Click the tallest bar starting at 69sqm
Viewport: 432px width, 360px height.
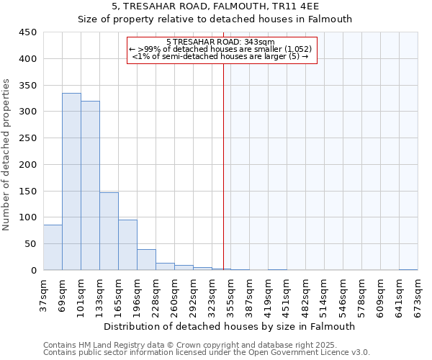point(71,181)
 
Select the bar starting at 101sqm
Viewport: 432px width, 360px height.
point(90,186)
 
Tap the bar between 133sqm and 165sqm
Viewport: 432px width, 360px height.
point(109,231)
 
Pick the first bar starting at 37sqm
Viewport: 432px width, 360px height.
point(53,248)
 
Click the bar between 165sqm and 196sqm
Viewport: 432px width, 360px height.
point(127,245)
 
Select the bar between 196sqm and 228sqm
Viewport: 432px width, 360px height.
point(146,260)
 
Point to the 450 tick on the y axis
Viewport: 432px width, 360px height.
point(28,32)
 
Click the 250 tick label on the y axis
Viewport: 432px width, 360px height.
point(28,138)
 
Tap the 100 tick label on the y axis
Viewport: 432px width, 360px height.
point(28,217)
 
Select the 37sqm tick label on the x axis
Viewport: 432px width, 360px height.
point(43,293)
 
